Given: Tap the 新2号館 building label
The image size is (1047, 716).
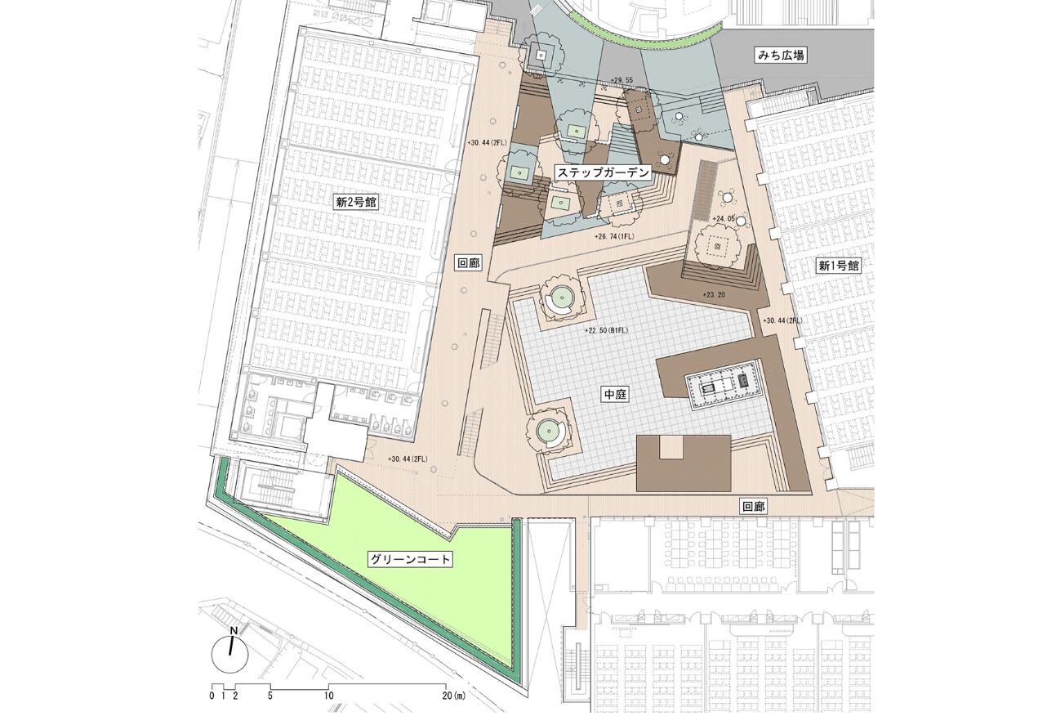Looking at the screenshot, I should [356, 202].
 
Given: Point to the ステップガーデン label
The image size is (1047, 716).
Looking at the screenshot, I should [604, 172].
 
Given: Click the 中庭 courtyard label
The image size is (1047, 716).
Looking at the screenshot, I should [614, 394].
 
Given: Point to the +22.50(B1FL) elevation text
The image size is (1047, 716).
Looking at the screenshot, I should [611, 331].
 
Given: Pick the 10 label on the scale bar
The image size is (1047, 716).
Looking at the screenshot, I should [327, 696].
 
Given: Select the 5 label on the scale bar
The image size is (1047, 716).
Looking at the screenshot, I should [270, 696].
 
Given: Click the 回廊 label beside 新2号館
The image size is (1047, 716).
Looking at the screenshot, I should [468, 262].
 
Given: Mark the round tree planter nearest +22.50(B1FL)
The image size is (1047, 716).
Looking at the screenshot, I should [562, 299].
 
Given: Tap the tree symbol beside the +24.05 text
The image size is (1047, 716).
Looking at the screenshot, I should [718, 244].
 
